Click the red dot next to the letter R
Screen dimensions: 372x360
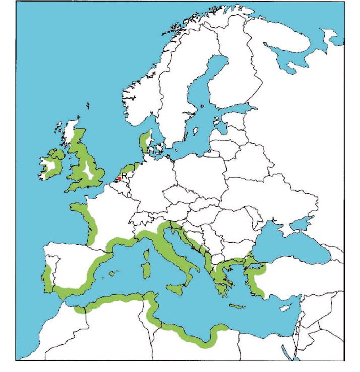tap(118, 178)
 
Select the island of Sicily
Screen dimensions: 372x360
tap(177, 289)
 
